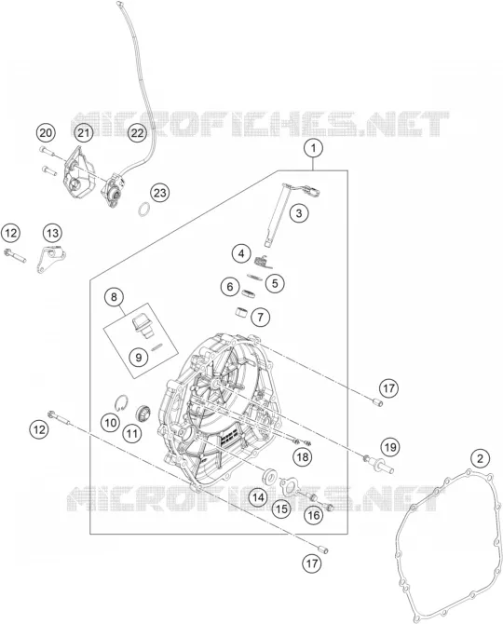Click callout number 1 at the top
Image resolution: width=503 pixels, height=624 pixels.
point(314,148)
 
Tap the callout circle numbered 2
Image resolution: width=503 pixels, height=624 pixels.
point(480,459)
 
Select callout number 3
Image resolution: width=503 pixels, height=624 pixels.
point(299,213)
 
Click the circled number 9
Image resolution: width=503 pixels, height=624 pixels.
point(139,357)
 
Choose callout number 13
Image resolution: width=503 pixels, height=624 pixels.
point(52,233)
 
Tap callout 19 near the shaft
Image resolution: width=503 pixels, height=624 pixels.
point(390,447)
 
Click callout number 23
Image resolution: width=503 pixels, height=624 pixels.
point(159,193)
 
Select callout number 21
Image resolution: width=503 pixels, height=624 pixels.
point(84,132)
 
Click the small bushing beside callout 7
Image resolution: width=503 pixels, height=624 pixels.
point(240,312)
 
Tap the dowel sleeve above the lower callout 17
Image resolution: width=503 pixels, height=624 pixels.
point(324,549)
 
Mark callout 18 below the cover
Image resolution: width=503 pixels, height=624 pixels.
point(303,457)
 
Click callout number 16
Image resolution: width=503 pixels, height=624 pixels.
point(314,515)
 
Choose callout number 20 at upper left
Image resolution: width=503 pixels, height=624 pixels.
point(47,132)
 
